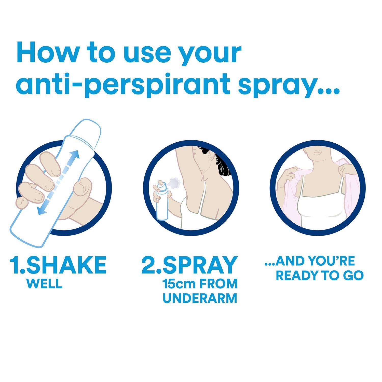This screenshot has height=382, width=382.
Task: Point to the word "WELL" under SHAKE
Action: pos(44,284)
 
